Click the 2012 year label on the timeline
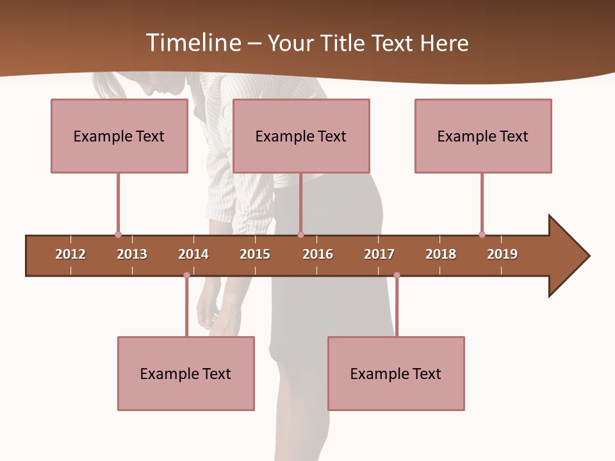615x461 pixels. (70, 254)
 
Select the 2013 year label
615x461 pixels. (132, 254)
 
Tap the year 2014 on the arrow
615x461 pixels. (193, 254)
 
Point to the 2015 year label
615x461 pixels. (255, 254)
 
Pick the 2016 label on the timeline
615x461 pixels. (318, 254)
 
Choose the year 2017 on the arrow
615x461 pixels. (379, 254)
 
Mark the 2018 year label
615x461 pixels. (441, 254)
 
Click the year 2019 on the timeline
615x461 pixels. (502, 254)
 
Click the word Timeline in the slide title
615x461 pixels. (192, 43)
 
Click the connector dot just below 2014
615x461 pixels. (186, 275)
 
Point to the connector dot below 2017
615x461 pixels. (397, 275)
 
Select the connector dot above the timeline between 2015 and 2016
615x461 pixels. (300, 234)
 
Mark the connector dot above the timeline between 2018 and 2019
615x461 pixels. (482, 234)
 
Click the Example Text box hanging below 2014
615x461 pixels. (186, 373)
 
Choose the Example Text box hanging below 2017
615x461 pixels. (396, 373)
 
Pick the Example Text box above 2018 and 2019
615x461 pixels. (483, 136)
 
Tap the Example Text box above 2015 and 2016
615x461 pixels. (301, 136)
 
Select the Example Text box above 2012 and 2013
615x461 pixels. (119, 136)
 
